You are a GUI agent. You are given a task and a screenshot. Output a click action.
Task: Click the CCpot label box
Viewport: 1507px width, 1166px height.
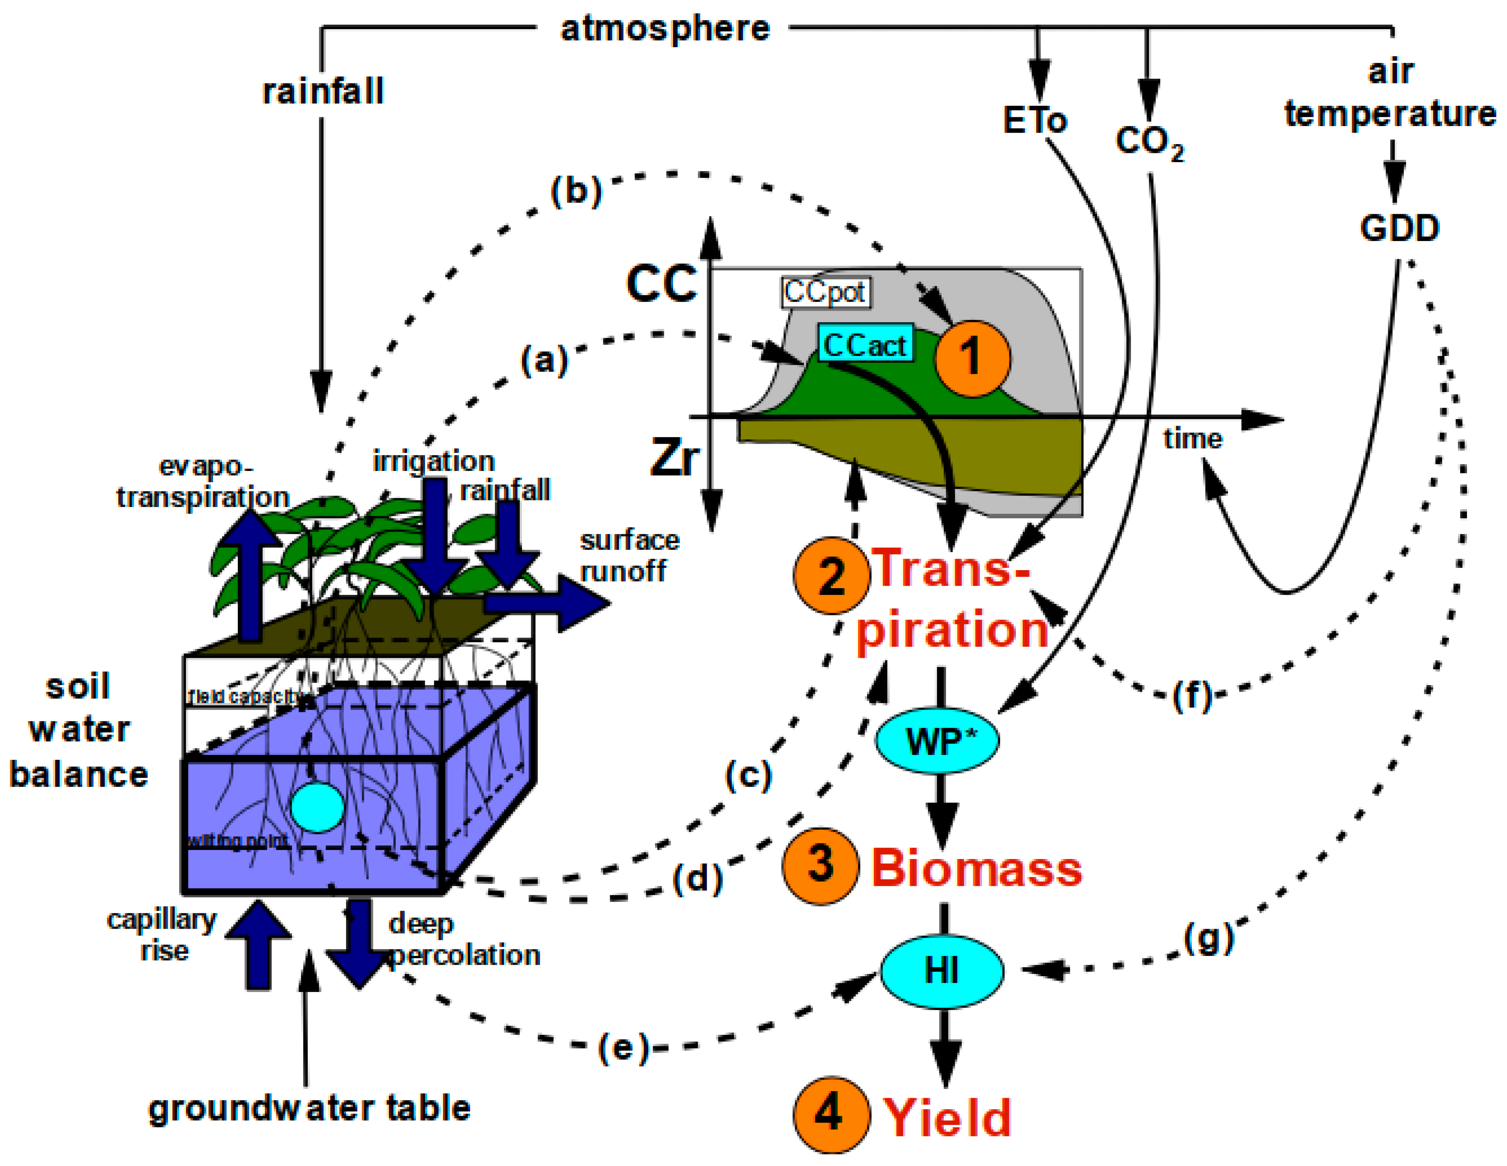pyautogui.click(x=825, y=292)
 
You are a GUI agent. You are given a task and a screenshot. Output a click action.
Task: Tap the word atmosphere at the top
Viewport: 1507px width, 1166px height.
pyautogui.click(x=665, y=29)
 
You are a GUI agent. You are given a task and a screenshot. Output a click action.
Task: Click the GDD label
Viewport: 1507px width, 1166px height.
pyautogui.click(x=1399, y=228)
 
